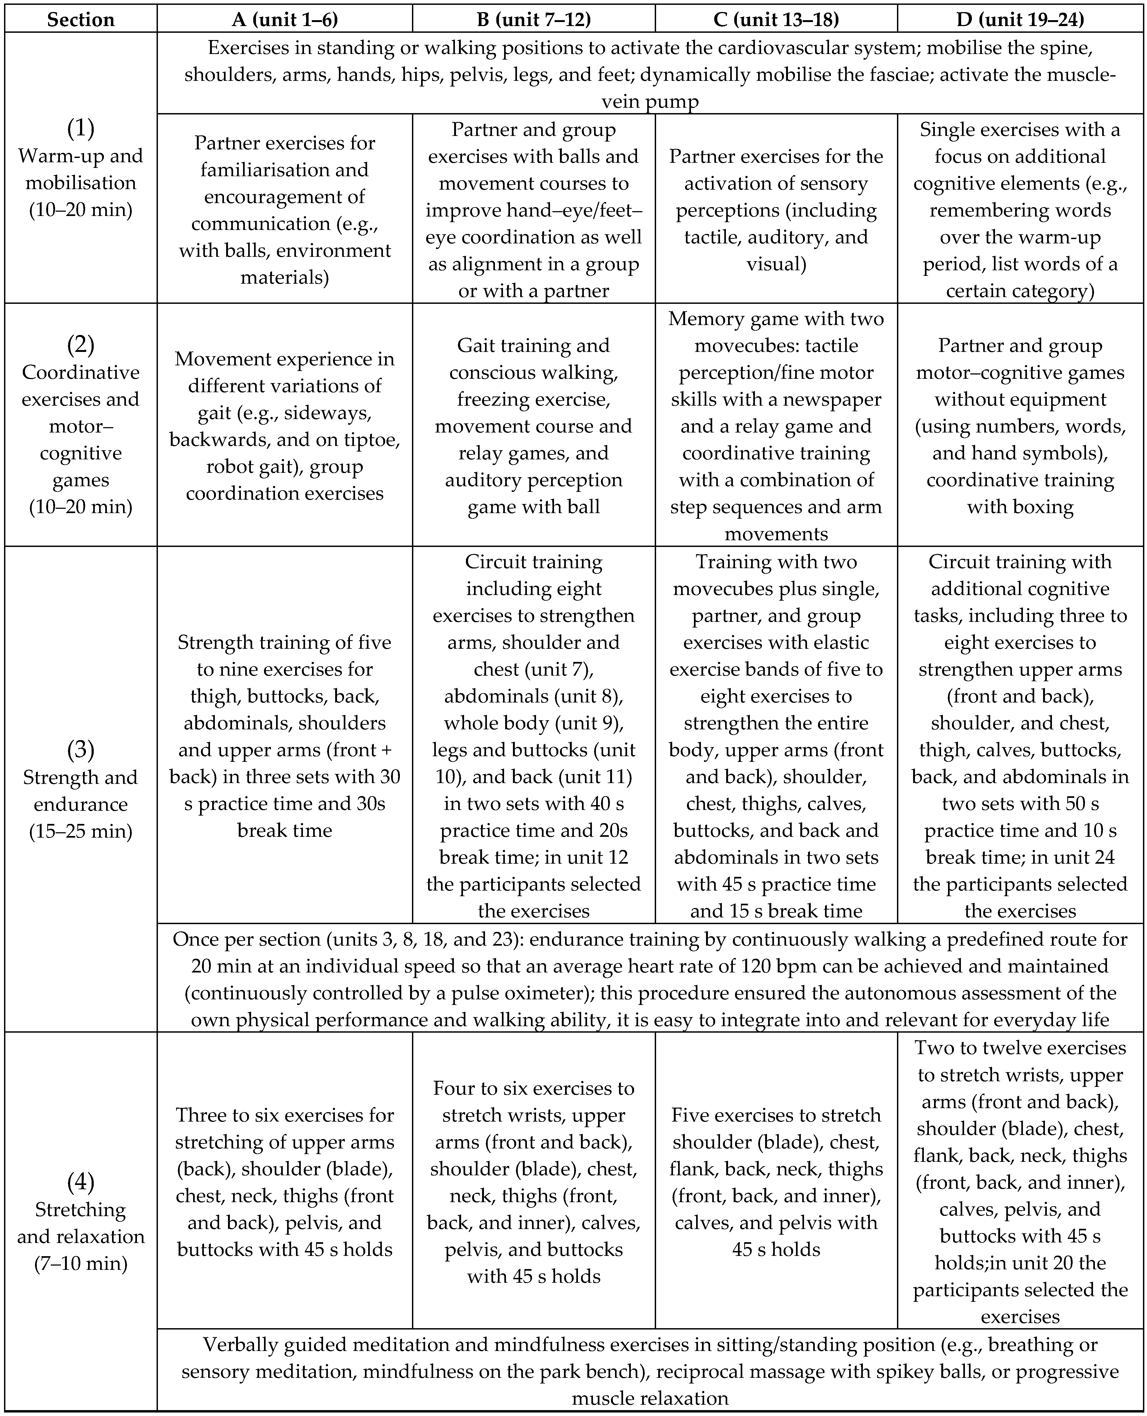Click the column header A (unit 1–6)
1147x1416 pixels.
[x=285, y=19]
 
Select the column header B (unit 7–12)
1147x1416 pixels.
[x=534, y=19]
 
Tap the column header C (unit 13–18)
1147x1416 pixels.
[x=776, y=19]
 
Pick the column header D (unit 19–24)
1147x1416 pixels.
[x=1020, y=19]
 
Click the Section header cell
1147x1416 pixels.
[x=81, y=19]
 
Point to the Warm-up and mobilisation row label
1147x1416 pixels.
[x=81, y=169]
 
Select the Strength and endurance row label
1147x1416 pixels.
[x=81, y=790]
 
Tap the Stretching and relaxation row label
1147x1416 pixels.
[x=81, y=1222]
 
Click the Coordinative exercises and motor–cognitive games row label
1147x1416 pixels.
[x=81, y=426]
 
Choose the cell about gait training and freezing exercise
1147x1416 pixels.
[x=534, y=426]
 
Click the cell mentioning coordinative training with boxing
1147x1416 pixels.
[x=1020, y=426]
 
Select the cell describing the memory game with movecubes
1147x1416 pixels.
[x=776, y=426]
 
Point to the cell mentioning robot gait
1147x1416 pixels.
[x=285, y=426]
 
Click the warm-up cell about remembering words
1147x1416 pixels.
[x=1020, y=210]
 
